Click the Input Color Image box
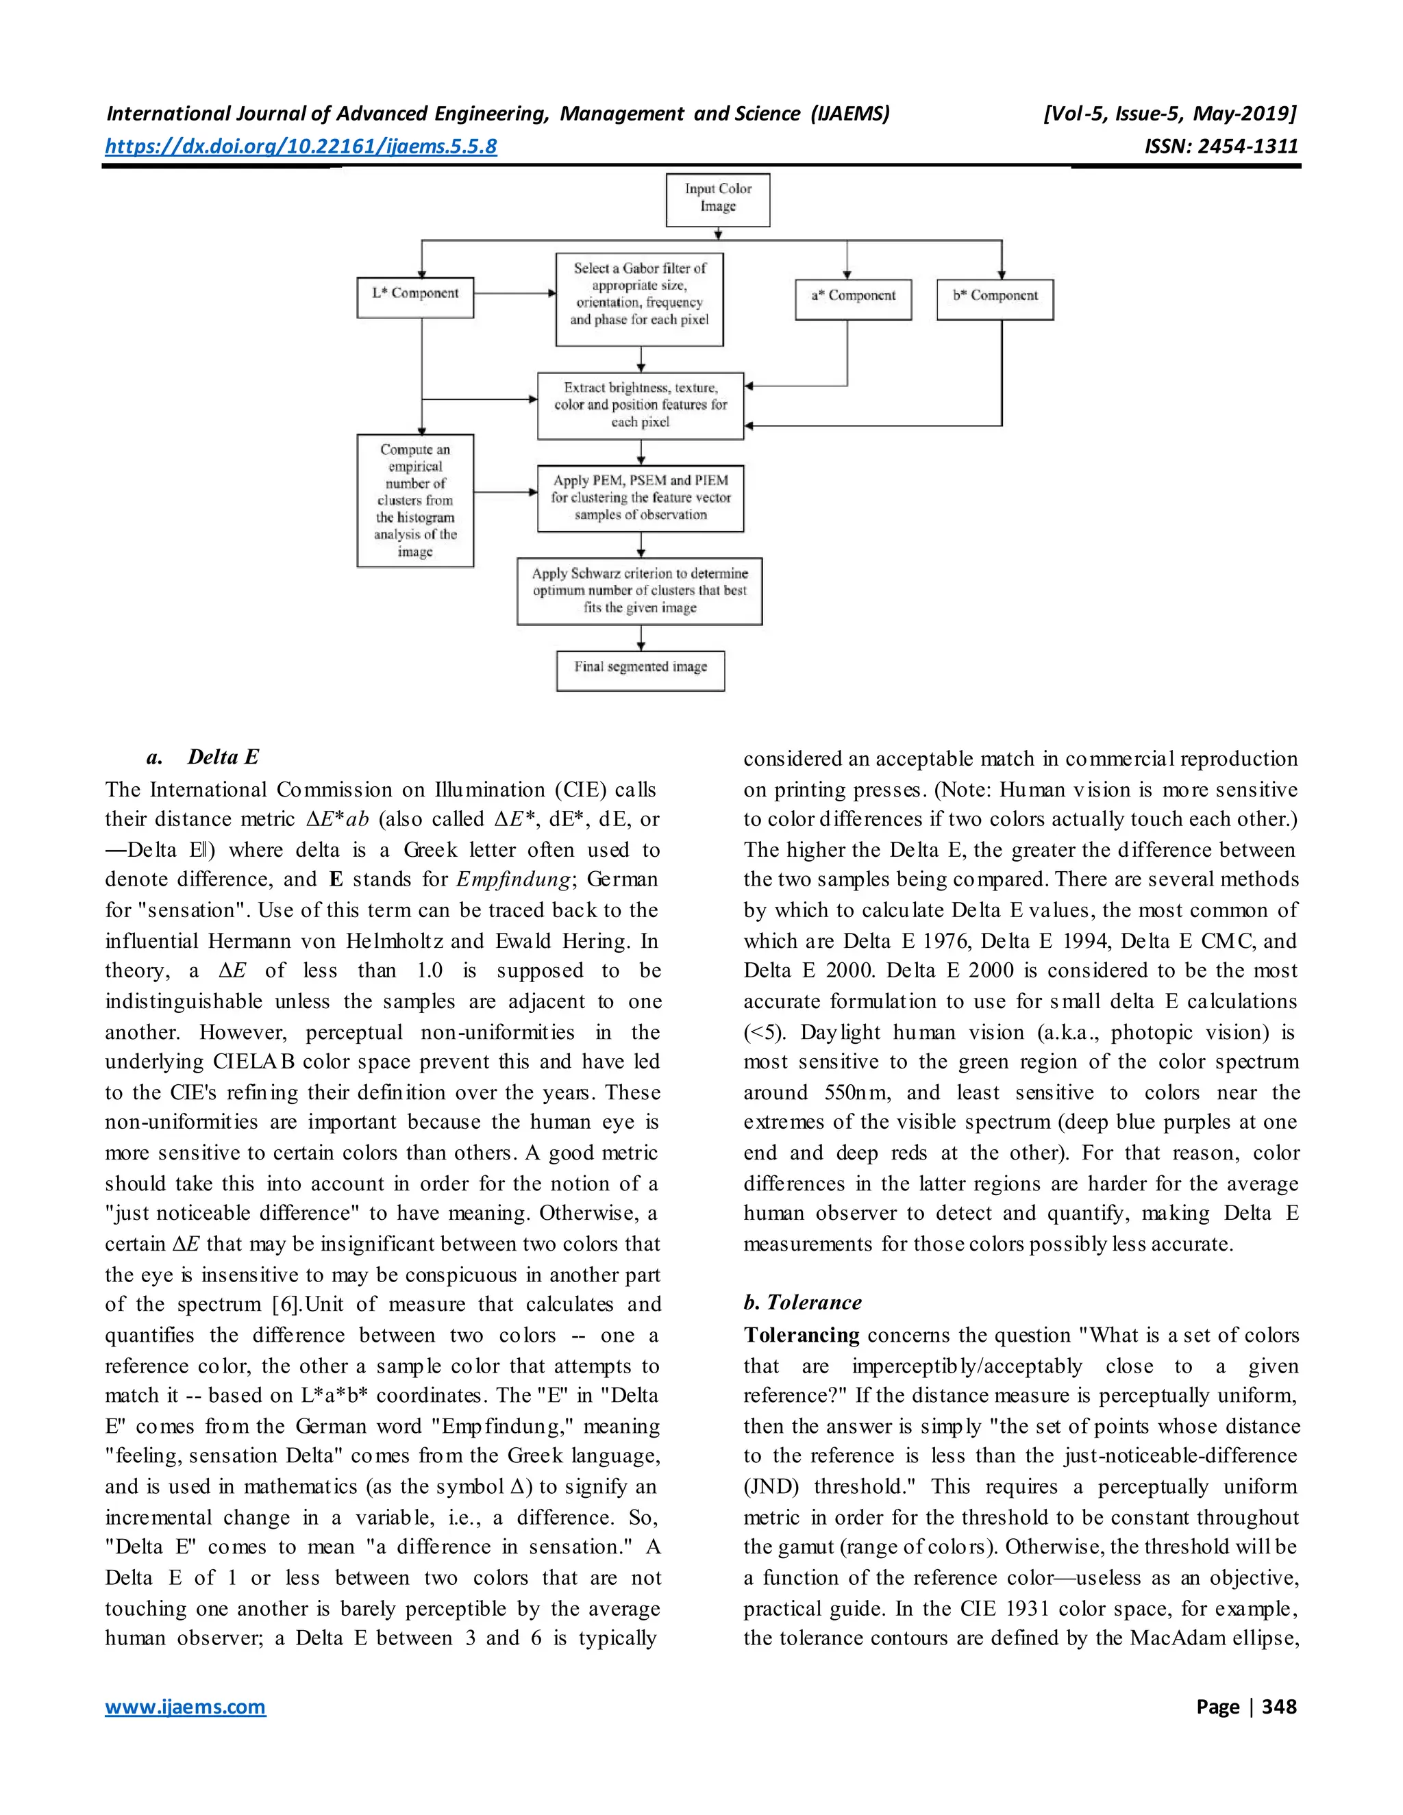[717, 199]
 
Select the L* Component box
[414, 297]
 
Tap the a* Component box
[854, 299]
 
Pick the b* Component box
[995, 299]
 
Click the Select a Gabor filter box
[639, 299]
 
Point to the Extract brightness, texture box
[640, 405]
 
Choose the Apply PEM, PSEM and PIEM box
[640, 498]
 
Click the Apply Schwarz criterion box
[639, 591]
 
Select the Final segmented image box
[640, 670]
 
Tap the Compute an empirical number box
[414, 500]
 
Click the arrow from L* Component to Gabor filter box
[514, 293]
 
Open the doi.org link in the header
[301, 147]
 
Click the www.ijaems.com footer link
[186, 1707]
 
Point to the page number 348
[1278, 1707]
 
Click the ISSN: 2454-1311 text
[1221, 147]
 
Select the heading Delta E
[223, 757]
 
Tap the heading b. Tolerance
[802, 1302]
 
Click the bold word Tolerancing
[802, 1335]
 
